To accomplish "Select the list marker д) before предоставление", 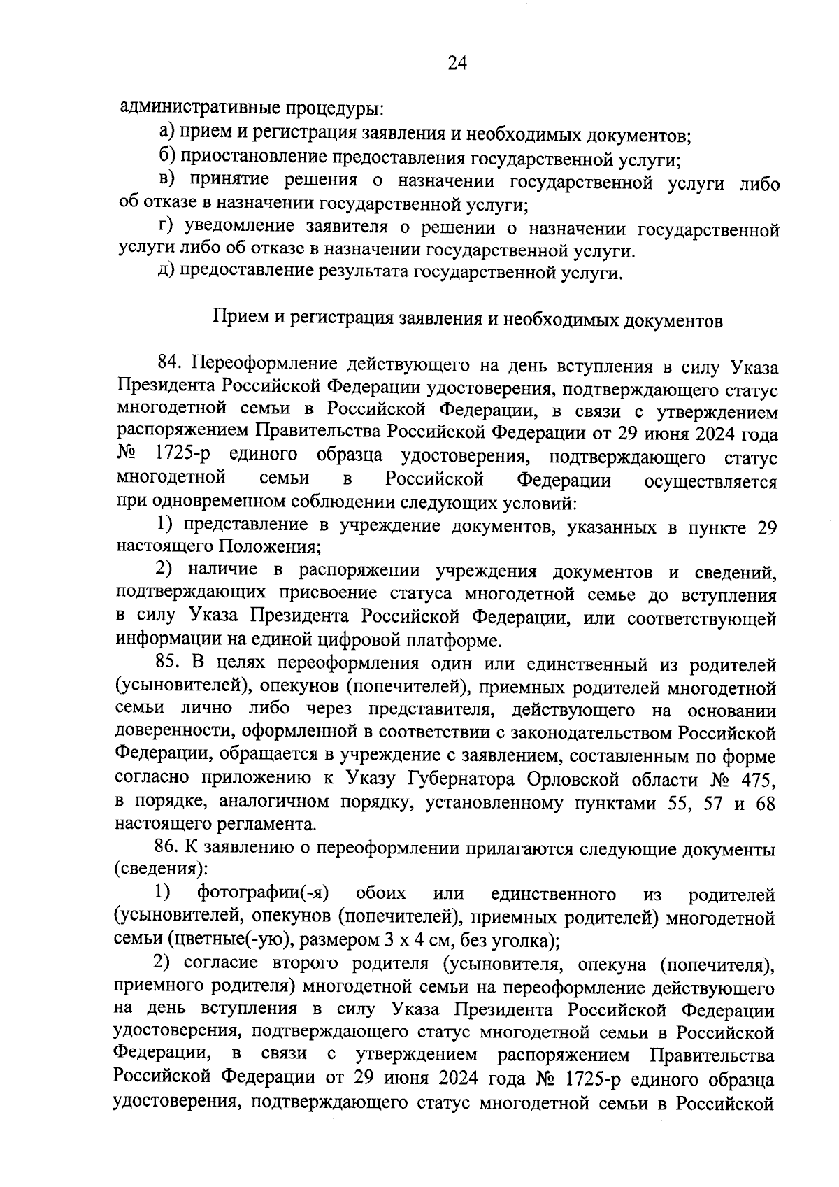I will point(166,271).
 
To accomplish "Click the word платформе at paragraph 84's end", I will point(458,640).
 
